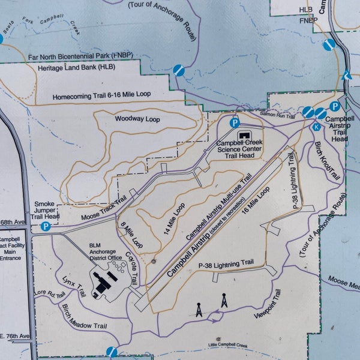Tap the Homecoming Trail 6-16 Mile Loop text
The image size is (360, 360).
[101, 95]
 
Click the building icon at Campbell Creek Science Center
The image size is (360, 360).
[245, 136]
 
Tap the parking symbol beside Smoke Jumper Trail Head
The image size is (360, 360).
[45, 226]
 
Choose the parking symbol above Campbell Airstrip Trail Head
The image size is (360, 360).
[335, 106]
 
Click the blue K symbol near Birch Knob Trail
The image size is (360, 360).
[316, 127]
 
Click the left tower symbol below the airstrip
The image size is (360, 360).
[199, 310]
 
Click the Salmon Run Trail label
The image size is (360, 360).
[278, 114]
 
